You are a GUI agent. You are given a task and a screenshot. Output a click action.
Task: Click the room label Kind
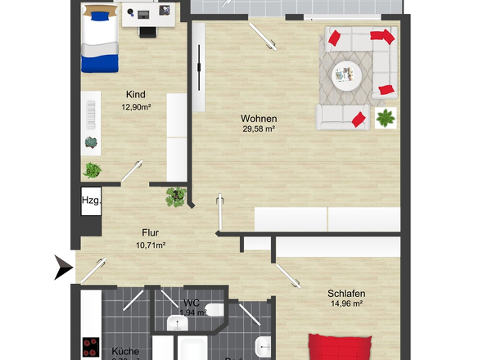(x=136, y=94)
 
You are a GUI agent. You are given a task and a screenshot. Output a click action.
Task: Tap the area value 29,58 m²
(x=258, y=128)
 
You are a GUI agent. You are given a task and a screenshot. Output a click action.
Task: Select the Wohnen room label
(x=258, y=118)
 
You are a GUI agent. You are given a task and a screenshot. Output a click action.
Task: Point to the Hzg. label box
(x=90, y=200)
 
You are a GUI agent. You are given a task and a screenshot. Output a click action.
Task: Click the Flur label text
(x=149, y=232)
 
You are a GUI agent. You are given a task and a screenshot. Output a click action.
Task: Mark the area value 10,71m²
(x=149, y=245)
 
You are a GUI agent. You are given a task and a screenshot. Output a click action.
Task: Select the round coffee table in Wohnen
(x=347, y=76)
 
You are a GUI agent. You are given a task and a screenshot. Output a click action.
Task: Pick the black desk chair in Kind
(x=147, y=30)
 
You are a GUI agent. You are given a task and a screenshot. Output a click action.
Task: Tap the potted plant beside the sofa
(x=384, y=118)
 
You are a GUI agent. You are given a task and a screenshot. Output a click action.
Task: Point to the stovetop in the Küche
(x=90, y=347)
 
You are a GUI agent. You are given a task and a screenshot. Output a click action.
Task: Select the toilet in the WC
(x=214, y=310)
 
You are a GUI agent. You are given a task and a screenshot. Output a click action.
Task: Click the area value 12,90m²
(x=136, y=106)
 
